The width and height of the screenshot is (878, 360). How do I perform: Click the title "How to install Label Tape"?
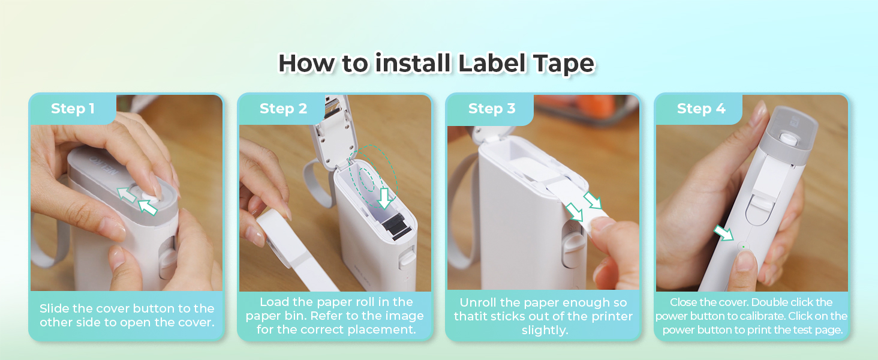click(436, 64)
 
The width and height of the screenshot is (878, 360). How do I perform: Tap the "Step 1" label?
click(73, 109)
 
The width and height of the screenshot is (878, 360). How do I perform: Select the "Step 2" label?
click(283, 109)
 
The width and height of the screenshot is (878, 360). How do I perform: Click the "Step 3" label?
click(492, 109)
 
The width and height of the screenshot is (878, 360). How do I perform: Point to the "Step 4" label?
click(701, 109)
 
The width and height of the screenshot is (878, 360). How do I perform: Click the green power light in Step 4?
click(743, 247)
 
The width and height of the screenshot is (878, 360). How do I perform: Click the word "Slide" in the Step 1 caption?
click(55, 308)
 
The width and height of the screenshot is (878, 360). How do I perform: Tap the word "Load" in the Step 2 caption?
click(274, 302)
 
